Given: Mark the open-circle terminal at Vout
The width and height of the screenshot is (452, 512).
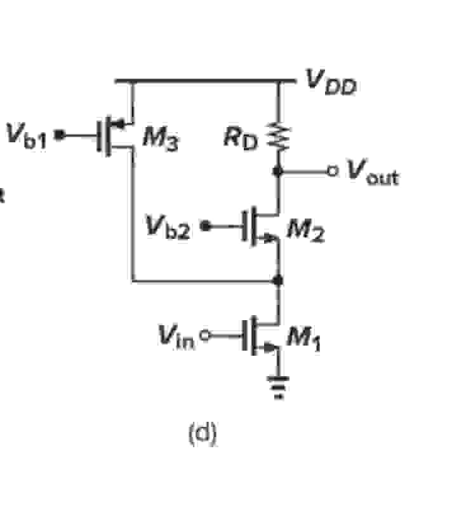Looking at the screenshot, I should point(330,170).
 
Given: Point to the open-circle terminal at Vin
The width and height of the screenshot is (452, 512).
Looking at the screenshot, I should point(204,333).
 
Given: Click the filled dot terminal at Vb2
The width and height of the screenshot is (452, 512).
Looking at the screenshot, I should point(204,225).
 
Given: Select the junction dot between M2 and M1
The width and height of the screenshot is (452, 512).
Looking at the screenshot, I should point(278,280).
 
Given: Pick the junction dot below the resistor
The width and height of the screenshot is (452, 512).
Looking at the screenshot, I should point(278,170).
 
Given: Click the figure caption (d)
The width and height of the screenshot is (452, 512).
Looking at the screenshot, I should point(203,435).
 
